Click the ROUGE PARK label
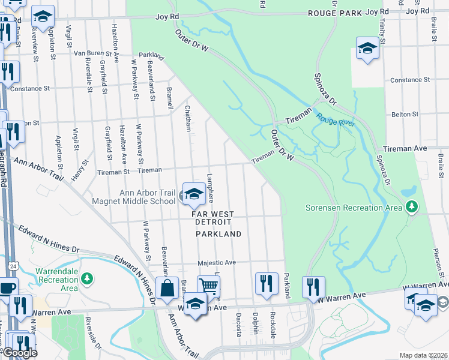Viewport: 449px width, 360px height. pyautogui.click(x=335, y=13)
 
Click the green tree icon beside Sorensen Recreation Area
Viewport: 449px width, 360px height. pyautogui.click(x=411, y=208)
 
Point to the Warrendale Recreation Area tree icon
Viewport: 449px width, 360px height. pyautogui.click(x=87, y=279)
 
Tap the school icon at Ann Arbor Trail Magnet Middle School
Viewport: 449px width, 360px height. pyautogui.click(x=193, y=194)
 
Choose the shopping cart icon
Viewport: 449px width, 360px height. pyautogui.click(x=208, y=286)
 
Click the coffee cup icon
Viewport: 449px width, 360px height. pyautogui.click(x=7, y=288)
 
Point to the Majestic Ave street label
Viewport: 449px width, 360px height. pyautogui.click(x=217, y=263)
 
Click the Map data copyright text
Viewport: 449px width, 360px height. pyautogui.click(x=424, y=355)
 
